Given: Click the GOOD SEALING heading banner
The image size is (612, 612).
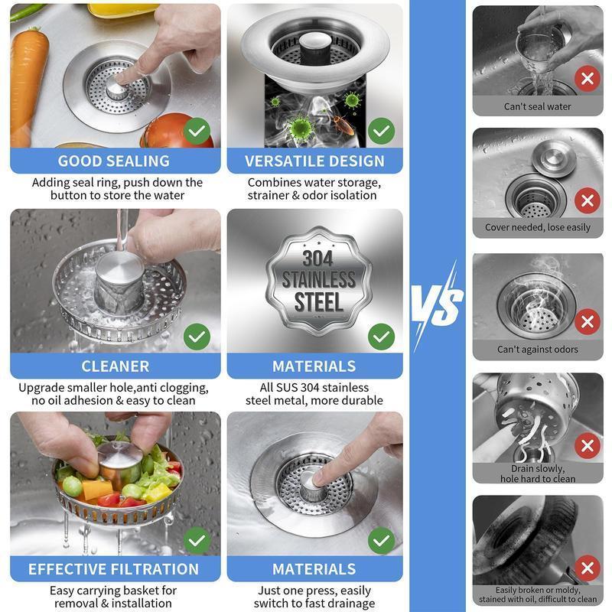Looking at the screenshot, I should coord(114,161).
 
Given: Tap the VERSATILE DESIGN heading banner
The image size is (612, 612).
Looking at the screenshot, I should coord(314,161).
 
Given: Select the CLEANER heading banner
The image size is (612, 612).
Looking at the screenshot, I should coord(115,366).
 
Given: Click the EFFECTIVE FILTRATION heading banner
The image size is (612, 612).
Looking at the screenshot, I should coord(114,569).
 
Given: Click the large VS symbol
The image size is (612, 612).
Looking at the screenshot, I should coord(438,304).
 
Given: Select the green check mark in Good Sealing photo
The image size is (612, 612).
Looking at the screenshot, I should coord(197,131).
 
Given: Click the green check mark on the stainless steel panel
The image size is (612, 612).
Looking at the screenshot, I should coord(381,335).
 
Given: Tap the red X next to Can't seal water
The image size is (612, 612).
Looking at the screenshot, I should coord(587,78).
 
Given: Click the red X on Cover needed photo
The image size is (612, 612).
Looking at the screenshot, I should coord(587,200).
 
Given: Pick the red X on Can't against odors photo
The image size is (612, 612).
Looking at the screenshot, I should coord(587,321).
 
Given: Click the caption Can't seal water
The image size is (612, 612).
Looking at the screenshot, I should coord(537,106).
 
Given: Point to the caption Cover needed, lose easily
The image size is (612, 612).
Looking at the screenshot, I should coord(537,227).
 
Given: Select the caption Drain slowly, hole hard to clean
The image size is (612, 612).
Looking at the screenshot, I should coord(537,474).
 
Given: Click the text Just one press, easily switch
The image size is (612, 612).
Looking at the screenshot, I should coord(314,597).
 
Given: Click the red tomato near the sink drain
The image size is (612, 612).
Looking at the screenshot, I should coord(169,131).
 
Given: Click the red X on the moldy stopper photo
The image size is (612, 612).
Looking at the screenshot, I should coord(587,568).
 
